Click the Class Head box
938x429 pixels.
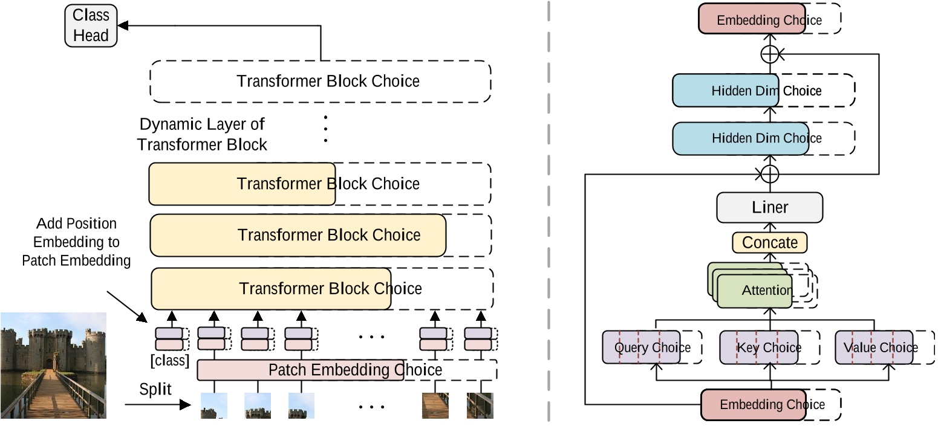[x=91, y=25]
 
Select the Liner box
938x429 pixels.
[x=769, y=208]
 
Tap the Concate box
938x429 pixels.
[x=769, y=243]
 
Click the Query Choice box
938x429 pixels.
[x=642, y=347]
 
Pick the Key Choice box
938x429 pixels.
[x=758, y=347]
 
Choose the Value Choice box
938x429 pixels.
[x=874, y=347]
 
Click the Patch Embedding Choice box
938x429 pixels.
[x=301, y=370]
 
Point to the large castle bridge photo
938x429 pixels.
[x=53, y=365]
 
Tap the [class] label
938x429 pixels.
[x=170, y=361]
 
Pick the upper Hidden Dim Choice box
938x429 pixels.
[x=724, y=91]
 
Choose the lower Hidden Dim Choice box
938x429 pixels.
[x=724, y=138]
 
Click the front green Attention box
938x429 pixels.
[x=754, y=291]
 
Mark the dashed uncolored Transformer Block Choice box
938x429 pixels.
[x=320, y=81]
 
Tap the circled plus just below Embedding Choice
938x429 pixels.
[x=769, y=54]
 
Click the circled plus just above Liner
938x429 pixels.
[x=769, y=174]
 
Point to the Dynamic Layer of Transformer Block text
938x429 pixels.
[x=202, y=134]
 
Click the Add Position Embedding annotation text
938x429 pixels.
[x=76, y=242]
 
